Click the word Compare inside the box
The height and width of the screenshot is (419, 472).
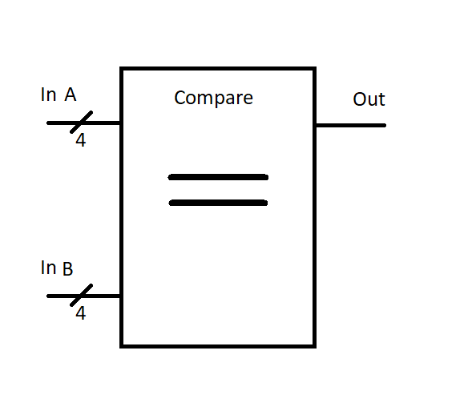pyautogui.click(x=213, y=98)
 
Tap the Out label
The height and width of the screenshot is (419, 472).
pyautogui.click(x=369, y=99)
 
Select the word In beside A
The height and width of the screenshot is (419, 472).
pyautogui.click(x=48, y=95)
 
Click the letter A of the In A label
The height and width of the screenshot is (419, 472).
pyautogui.click(x=71, y=95)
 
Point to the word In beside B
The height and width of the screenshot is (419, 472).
pyautogui.click(x=48, y=268)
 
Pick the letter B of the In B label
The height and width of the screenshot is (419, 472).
pyautogui.click(x=68, y=268)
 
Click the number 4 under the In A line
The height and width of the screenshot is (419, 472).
pyautogui.click(x=81, y=140)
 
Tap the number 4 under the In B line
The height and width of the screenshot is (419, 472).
pyautogui.click(x=81, y=313)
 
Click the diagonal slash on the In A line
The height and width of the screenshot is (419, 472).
pyautogui.click(x=81, y=122)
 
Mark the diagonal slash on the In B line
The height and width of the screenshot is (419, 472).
pyautogui.click(x=81, y=295)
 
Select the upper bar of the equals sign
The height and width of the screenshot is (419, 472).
pyautogui.click(x=218, y=177)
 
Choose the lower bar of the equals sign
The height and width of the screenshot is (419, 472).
pyautogui.click(x=218, y=203)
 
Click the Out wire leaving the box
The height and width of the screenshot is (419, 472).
pyautogui.click(x=351, y=125)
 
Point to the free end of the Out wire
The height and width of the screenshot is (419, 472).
pyautogui.click(x=385, y=125)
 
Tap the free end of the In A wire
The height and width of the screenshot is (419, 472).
pyautogui.click(x=48, y=123)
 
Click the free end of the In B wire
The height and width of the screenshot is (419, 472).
pyautogui.click(x=48, y=296)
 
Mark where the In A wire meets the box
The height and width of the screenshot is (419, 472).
pyautogui.click(x=120, y=123)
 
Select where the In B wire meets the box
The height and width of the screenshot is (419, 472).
pyautogui.click(x=120, y=296)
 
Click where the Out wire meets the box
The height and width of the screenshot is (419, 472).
pyautogui.click(x=316, y=125)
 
